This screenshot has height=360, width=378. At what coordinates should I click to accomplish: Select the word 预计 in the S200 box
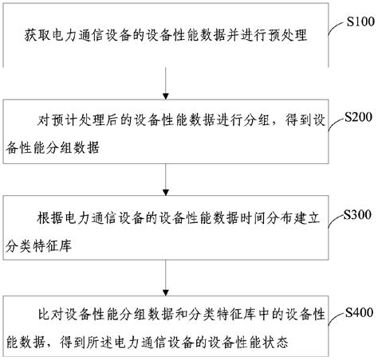click(x=65, y=121)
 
